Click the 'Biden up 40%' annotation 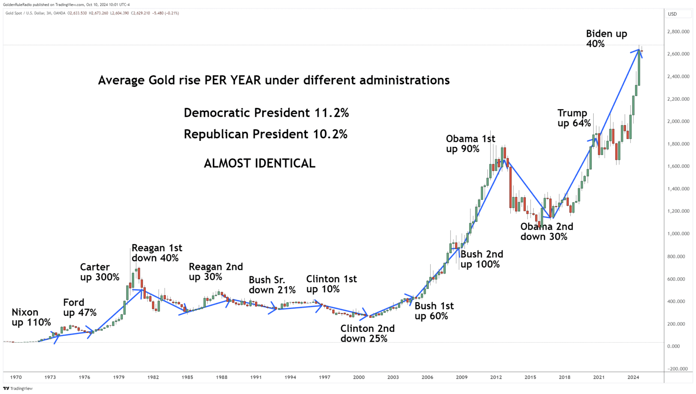pyautogui.click(x=606, y=39)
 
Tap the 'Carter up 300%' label pyautogui.click(x=99, y=272)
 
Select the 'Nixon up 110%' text pyautogui.click(x=31, y=317)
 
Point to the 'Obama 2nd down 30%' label pyautogui.click(x=547, y=232)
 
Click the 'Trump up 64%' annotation pyautogui.click(x=574, y=118)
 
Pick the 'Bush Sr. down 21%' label pyautogui.click(x=272, y=285)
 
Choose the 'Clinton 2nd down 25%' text pyautogui.click(x=367, y=333)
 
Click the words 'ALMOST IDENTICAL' pyautogui.click(x=259, y=163)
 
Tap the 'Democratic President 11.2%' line pyautogui.click(x=266, y=113)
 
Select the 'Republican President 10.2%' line pyautogui.click(x=265, y=134)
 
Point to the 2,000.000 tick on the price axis pyautogui.click(x=678, y=121)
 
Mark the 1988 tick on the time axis pyautogui.click(x=221, y=377)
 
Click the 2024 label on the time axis pyautogui.click(x=633, y=377)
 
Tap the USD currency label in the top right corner pyautogui.click(x=672, y=14)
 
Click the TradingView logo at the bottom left pyautogui.click(x=18, y=389)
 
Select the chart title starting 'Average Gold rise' pyautogui.click(x=274, y=80)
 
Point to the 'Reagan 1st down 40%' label pyautogui.click(x=156, y=253)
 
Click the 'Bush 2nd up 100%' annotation pyautogui.click(x=481, y=259)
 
